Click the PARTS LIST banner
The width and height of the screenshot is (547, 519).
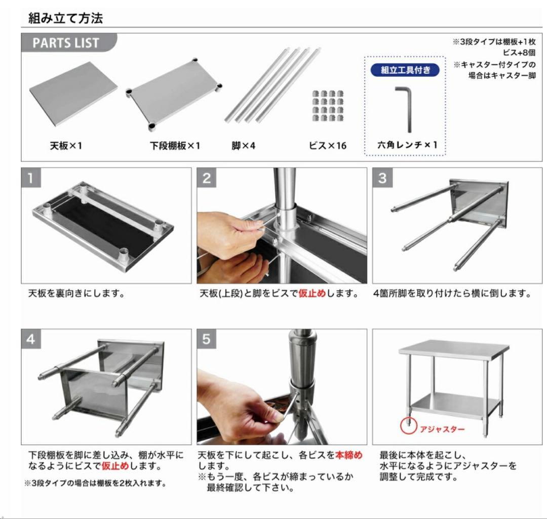pyautogui.click(x=66, y=43)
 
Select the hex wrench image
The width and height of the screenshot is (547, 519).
pyautogui.click(x=405, y=108)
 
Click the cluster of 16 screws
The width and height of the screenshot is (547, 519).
pyautogui.click(x=327, y=106)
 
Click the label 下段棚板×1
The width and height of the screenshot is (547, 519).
pyautogui.click(x=175, y=146)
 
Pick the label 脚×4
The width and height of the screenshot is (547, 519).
pyautogui.click(x=243, y=146)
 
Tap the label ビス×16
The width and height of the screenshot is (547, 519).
pyautogui.click(x=328, y=146)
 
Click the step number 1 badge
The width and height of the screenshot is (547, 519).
pyautogui.click(x=31, y=178)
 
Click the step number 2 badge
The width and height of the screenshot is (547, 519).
pyautogui.click(x=207, y=178)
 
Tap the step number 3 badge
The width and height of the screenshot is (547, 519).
pyautogui.click(x=382, y=178)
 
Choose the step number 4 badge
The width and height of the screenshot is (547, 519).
pyautogui.click(x=31, y=339)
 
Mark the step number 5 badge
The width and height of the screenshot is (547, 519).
pyautogui.click(x=206, y=339)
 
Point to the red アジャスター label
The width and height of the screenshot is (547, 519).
pyautogui.click(x=442, y=429)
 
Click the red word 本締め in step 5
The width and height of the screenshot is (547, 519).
pyautogui.click(x=349, y=455)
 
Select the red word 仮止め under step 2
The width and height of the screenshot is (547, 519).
pyautogui.click(x=312, y=293)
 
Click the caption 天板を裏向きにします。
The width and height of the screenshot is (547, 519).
pyautogui.click(x=76, y=293)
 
